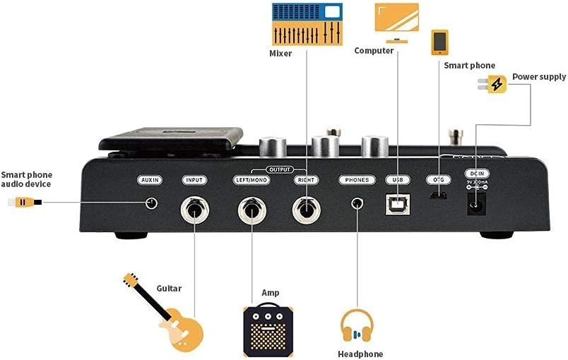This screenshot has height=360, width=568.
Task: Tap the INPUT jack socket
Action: [194, 209]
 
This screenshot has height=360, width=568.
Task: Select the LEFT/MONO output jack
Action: [252, 210]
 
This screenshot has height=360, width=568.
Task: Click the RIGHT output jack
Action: [306, 209]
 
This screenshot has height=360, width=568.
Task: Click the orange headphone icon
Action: [357, 327]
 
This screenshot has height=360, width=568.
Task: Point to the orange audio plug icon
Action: [25, 203]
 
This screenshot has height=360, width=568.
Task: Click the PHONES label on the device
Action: [357, 180]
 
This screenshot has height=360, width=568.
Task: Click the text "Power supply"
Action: [539, 76]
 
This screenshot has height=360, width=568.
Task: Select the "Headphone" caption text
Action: [360, 354]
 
